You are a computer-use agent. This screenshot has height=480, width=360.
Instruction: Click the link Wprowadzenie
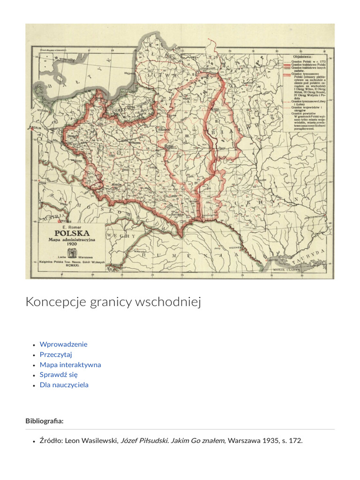pos(63,344)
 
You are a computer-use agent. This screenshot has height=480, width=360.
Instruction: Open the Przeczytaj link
pos(56,354)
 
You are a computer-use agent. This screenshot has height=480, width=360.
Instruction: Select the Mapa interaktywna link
pos(70,365)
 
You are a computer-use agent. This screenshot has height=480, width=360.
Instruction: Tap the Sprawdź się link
pos(59,375)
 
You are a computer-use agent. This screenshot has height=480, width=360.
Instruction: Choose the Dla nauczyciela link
pos(64,385)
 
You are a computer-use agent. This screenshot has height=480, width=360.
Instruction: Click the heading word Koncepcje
pos(56,302)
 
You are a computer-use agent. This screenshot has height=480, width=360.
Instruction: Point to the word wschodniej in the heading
pos(167,302)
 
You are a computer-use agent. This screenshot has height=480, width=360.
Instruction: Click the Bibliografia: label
pos(45,421)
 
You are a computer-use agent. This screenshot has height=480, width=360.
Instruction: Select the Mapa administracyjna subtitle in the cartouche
pos(72,239)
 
